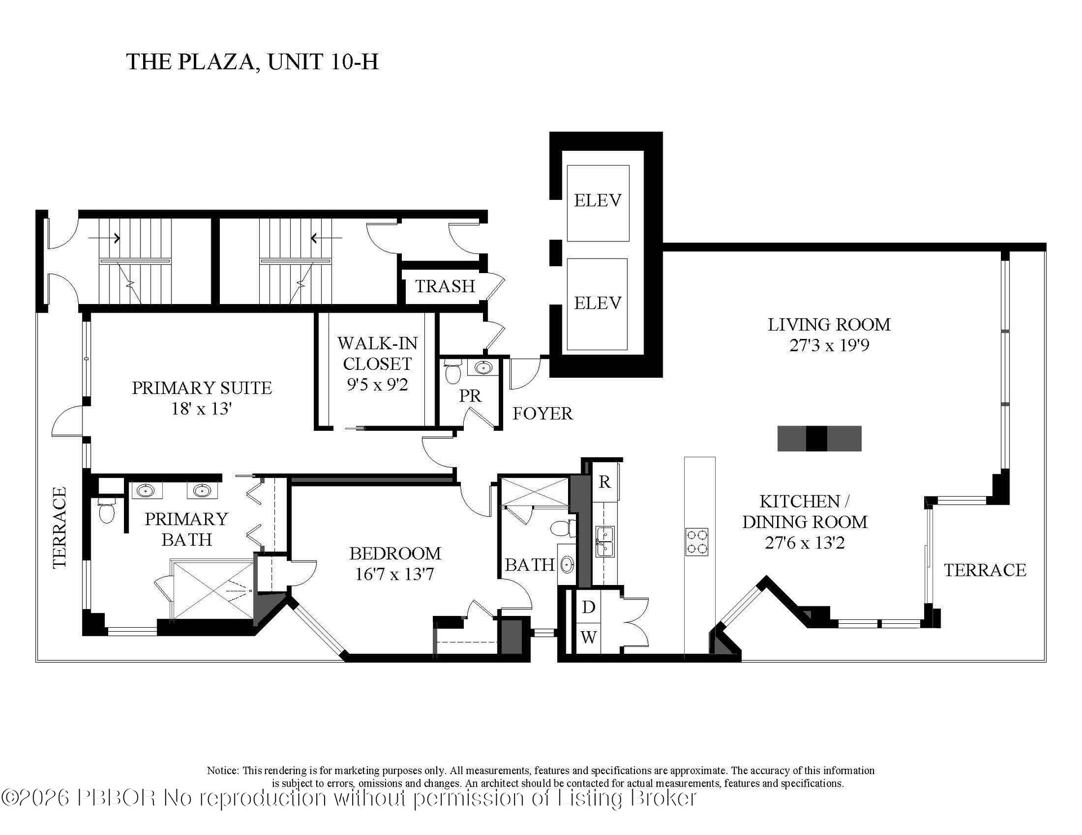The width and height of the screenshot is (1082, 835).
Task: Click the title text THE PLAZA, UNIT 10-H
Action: point(252,61)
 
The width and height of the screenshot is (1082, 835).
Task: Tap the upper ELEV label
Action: point(597,200)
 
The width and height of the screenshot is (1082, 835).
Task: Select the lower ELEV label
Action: point(597,303)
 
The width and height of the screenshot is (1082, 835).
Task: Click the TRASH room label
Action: point(445,286)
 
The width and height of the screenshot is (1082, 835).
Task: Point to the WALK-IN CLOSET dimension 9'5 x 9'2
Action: point(377,385)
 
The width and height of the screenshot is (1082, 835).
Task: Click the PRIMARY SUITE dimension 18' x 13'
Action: point(202,408)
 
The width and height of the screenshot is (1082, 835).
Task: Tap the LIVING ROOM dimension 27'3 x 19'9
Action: point(829,345)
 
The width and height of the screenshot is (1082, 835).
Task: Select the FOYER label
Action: point(542,414)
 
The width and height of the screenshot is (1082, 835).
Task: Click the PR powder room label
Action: point(470,396)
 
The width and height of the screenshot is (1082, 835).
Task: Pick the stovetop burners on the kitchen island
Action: point(697,542)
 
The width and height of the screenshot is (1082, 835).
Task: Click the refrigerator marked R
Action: point(605,482)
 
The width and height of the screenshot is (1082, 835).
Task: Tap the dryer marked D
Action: point(588,607)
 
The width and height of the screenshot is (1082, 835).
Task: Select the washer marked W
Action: point(588,637)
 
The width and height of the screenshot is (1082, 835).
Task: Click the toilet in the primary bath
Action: point(107,511)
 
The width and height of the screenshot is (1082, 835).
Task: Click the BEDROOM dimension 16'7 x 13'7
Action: point(394,574)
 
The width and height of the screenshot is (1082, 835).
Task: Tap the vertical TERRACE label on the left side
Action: point(59,527)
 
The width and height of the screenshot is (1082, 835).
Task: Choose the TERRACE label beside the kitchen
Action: point(985,570)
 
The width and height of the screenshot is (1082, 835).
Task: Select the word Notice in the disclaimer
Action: point(223,770)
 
